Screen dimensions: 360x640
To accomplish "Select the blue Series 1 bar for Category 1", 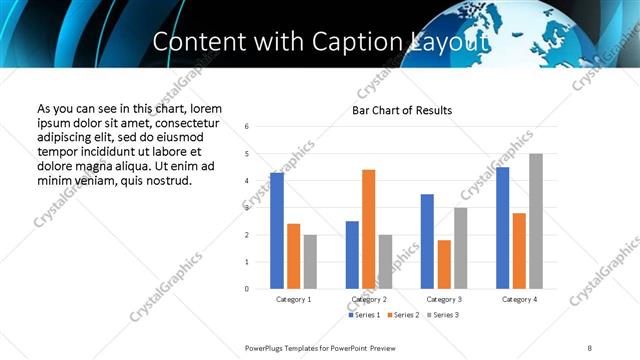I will pos(277,230).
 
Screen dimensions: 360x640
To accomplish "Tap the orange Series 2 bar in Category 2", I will pos(368,229).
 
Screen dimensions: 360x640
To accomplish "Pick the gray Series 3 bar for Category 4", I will pos(536,221).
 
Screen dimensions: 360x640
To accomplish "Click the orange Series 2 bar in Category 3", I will pos(444,264).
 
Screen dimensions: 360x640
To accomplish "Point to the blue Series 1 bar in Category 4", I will pos(502,227).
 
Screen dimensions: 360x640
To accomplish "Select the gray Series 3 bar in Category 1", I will pos(310,261).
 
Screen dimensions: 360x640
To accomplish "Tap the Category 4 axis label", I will pos(519,299).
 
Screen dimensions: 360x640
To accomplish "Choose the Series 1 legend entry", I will pos(364,316).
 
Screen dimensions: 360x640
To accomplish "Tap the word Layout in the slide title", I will pos(450,43).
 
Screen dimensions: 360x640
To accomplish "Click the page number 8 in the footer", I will pos(590,347).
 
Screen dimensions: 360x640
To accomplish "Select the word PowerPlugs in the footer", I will pos(266,347).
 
